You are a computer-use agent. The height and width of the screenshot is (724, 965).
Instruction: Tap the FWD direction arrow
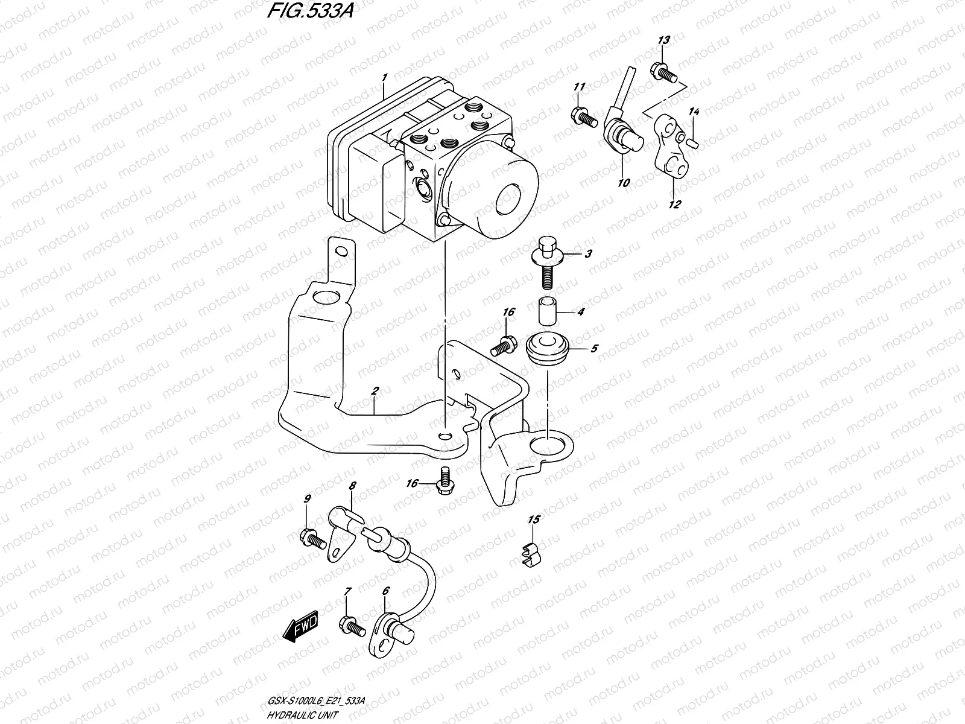tap(299, 630)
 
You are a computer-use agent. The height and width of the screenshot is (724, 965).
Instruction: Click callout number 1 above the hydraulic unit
tap(384, 78)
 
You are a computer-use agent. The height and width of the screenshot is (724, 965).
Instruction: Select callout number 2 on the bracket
tap(375, 392)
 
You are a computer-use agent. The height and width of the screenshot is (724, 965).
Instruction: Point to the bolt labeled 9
tap(311, 536)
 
